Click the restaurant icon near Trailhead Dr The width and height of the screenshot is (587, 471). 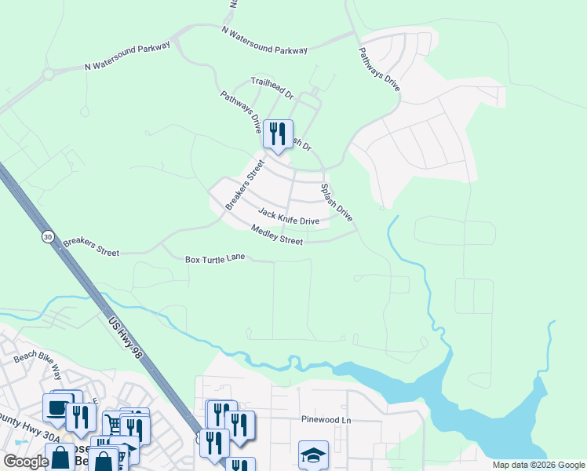tap(278, 134)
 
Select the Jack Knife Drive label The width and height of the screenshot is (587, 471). tap(289, 216)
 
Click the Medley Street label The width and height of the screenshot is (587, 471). tap(276, 234)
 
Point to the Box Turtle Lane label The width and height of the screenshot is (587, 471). tap(215, 258)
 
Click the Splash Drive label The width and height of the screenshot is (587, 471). tap(336, 201)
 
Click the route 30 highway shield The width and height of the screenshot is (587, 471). tap(49, 236)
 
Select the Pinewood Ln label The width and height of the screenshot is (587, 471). tap(326, 420)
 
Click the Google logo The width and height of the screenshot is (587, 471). tap(26, 462)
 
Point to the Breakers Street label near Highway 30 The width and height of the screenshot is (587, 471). tap(91, 246)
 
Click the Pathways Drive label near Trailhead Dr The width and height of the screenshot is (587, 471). tap(241, 111)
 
